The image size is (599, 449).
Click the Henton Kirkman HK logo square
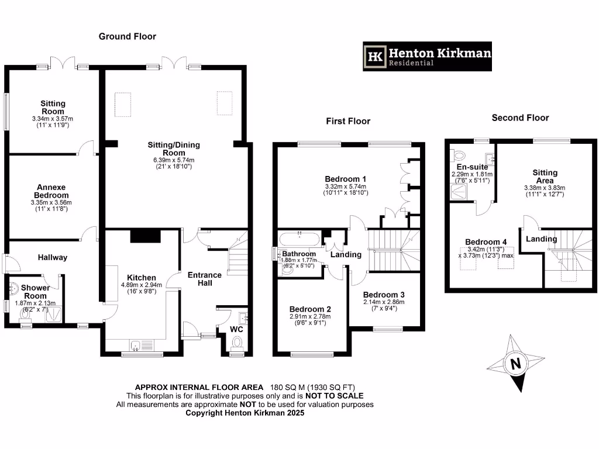coord(376,56)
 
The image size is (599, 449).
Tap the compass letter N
coord(515,364)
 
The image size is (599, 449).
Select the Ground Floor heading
coord(127,36)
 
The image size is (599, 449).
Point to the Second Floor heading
coord(520,118)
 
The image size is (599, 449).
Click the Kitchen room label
coord(142,278)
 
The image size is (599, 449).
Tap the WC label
coord(236,329)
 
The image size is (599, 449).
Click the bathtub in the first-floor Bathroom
coord(299,239)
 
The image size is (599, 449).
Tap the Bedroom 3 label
coord(383,295)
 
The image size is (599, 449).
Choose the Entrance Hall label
coord(204,279)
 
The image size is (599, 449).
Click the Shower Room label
coord(35,291)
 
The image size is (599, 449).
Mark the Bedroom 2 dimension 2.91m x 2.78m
coord(309,316)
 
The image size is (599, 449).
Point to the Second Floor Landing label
coord(541,239)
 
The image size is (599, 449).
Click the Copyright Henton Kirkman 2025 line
coord(245,413)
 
